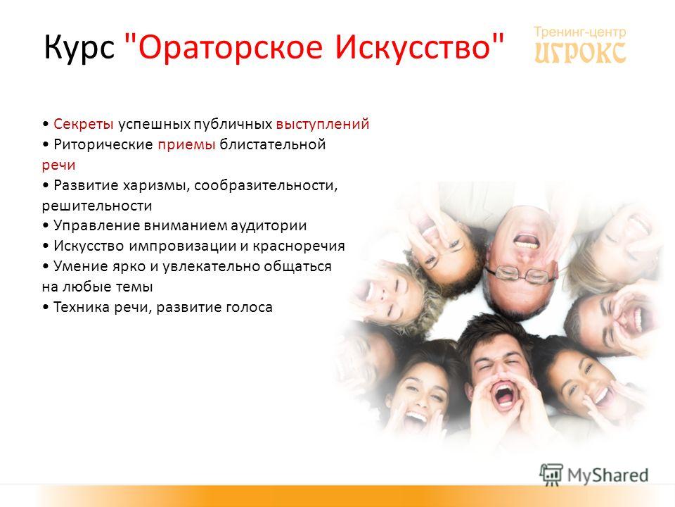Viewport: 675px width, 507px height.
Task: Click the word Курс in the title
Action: coord(79,47)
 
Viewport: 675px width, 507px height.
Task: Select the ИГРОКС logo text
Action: coord(580,53)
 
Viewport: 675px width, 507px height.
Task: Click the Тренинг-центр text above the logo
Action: coord(580,32)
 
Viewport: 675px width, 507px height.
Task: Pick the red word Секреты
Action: coord(84,124)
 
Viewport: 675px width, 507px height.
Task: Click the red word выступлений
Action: coord(323,124)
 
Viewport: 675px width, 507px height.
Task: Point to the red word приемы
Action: coord(186,145)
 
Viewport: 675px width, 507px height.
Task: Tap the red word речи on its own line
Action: coord(58,165)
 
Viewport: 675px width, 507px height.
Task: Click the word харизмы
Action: coord(157,186)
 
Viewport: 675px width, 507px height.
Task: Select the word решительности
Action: coord(97,206)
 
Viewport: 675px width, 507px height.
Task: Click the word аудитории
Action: coord(269,225)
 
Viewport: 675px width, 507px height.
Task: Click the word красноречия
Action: coord(299,246)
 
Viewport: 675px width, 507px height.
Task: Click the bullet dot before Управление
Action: coord(46,226)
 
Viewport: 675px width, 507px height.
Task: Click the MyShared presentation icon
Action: coord(551,475)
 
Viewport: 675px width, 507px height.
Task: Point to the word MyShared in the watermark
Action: coord(607,475)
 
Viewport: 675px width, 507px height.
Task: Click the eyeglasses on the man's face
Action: coord(520,275)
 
